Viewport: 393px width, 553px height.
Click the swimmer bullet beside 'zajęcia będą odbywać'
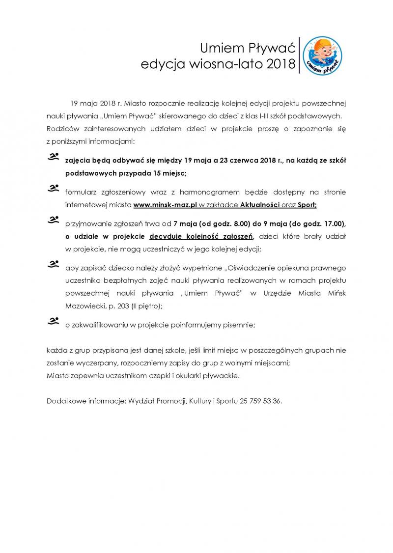coord(53,157)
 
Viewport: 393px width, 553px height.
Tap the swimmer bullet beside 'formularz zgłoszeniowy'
coord(53,189)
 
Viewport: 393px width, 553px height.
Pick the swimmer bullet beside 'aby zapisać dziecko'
coord(53,265)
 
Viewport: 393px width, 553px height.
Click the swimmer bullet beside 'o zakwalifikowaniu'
coord(53,322)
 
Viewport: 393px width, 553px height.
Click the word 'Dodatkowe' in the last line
coord(65,400)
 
